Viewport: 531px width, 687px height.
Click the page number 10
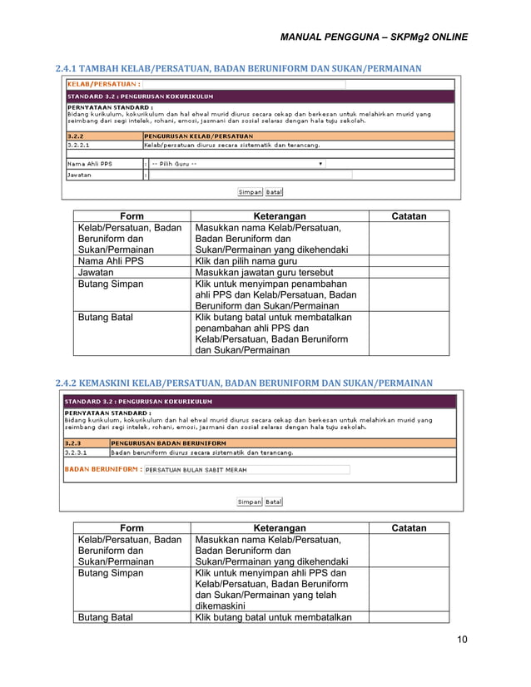click(x=461, y=639)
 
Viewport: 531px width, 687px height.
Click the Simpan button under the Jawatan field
click(x=250, y=192)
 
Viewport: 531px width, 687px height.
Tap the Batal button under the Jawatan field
click(x=275, y=192)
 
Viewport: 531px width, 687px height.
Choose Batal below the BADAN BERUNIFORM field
click(x=274, y=502)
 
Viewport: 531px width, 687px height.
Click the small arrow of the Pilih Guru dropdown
click(x=321, y=164)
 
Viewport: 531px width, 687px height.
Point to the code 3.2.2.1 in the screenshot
click(x=80, y=145)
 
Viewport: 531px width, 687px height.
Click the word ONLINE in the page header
click(x=449, y=37)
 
